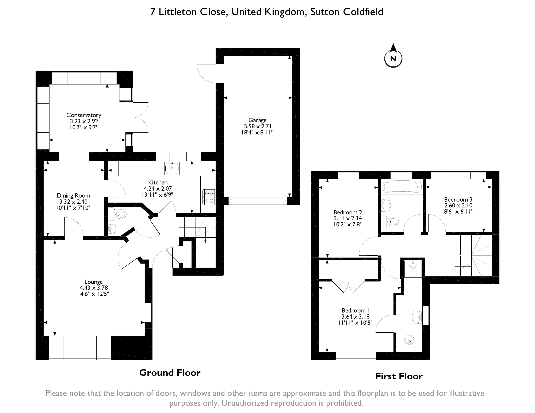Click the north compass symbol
[x=393, y=58]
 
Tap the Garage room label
[x=257, y=120]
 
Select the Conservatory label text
[x=84, y=115]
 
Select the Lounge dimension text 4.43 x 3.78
[x=94, y=288]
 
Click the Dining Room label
[x=73, y=195]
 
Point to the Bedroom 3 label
[x=458, y=199]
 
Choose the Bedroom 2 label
[x=348, y=213]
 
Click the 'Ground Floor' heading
[x=170, y=373]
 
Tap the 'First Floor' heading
[x=399, y=376]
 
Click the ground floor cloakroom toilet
[x=120, y=213]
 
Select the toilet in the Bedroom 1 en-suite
[x=408, y=340]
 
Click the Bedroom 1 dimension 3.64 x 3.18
[x=356, y=316]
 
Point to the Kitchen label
[x=158, y=183]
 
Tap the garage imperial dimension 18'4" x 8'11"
[x=257, y=132]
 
